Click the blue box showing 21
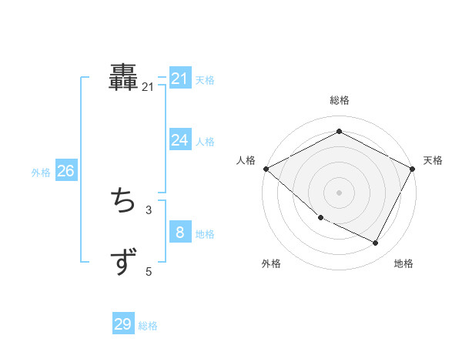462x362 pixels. (x=180, y=79)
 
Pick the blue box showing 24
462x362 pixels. (x=180, y=140)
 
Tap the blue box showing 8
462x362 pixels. (x=180, y=232)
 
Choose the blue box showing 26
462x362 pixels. (x=65, y=171)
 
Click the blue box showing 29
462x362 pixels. (x=123, y=324)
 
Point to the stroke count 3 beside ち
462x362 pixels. (x=148, y=209)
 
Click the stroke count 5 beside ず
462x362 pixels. (x=149, y=271)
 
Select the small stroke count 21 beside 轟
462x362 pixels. (x=148, y=88)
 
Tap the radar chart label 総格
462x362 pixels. (x=340, y=100)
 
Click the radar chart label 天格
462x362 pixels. (x=433, y=160)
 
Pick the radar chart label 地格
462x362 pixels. (x=403, y=263)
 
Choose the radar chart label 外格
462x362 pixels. (x=271, y=263)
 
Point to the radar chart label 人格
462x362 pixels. (x=246, y=160)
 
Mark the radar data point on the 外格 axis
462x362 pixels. (x=320, y=218)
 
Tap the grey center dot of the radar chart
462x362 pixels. (x=340, y=192)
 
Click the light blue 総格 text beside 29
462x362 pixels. (x=148, y=326)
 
